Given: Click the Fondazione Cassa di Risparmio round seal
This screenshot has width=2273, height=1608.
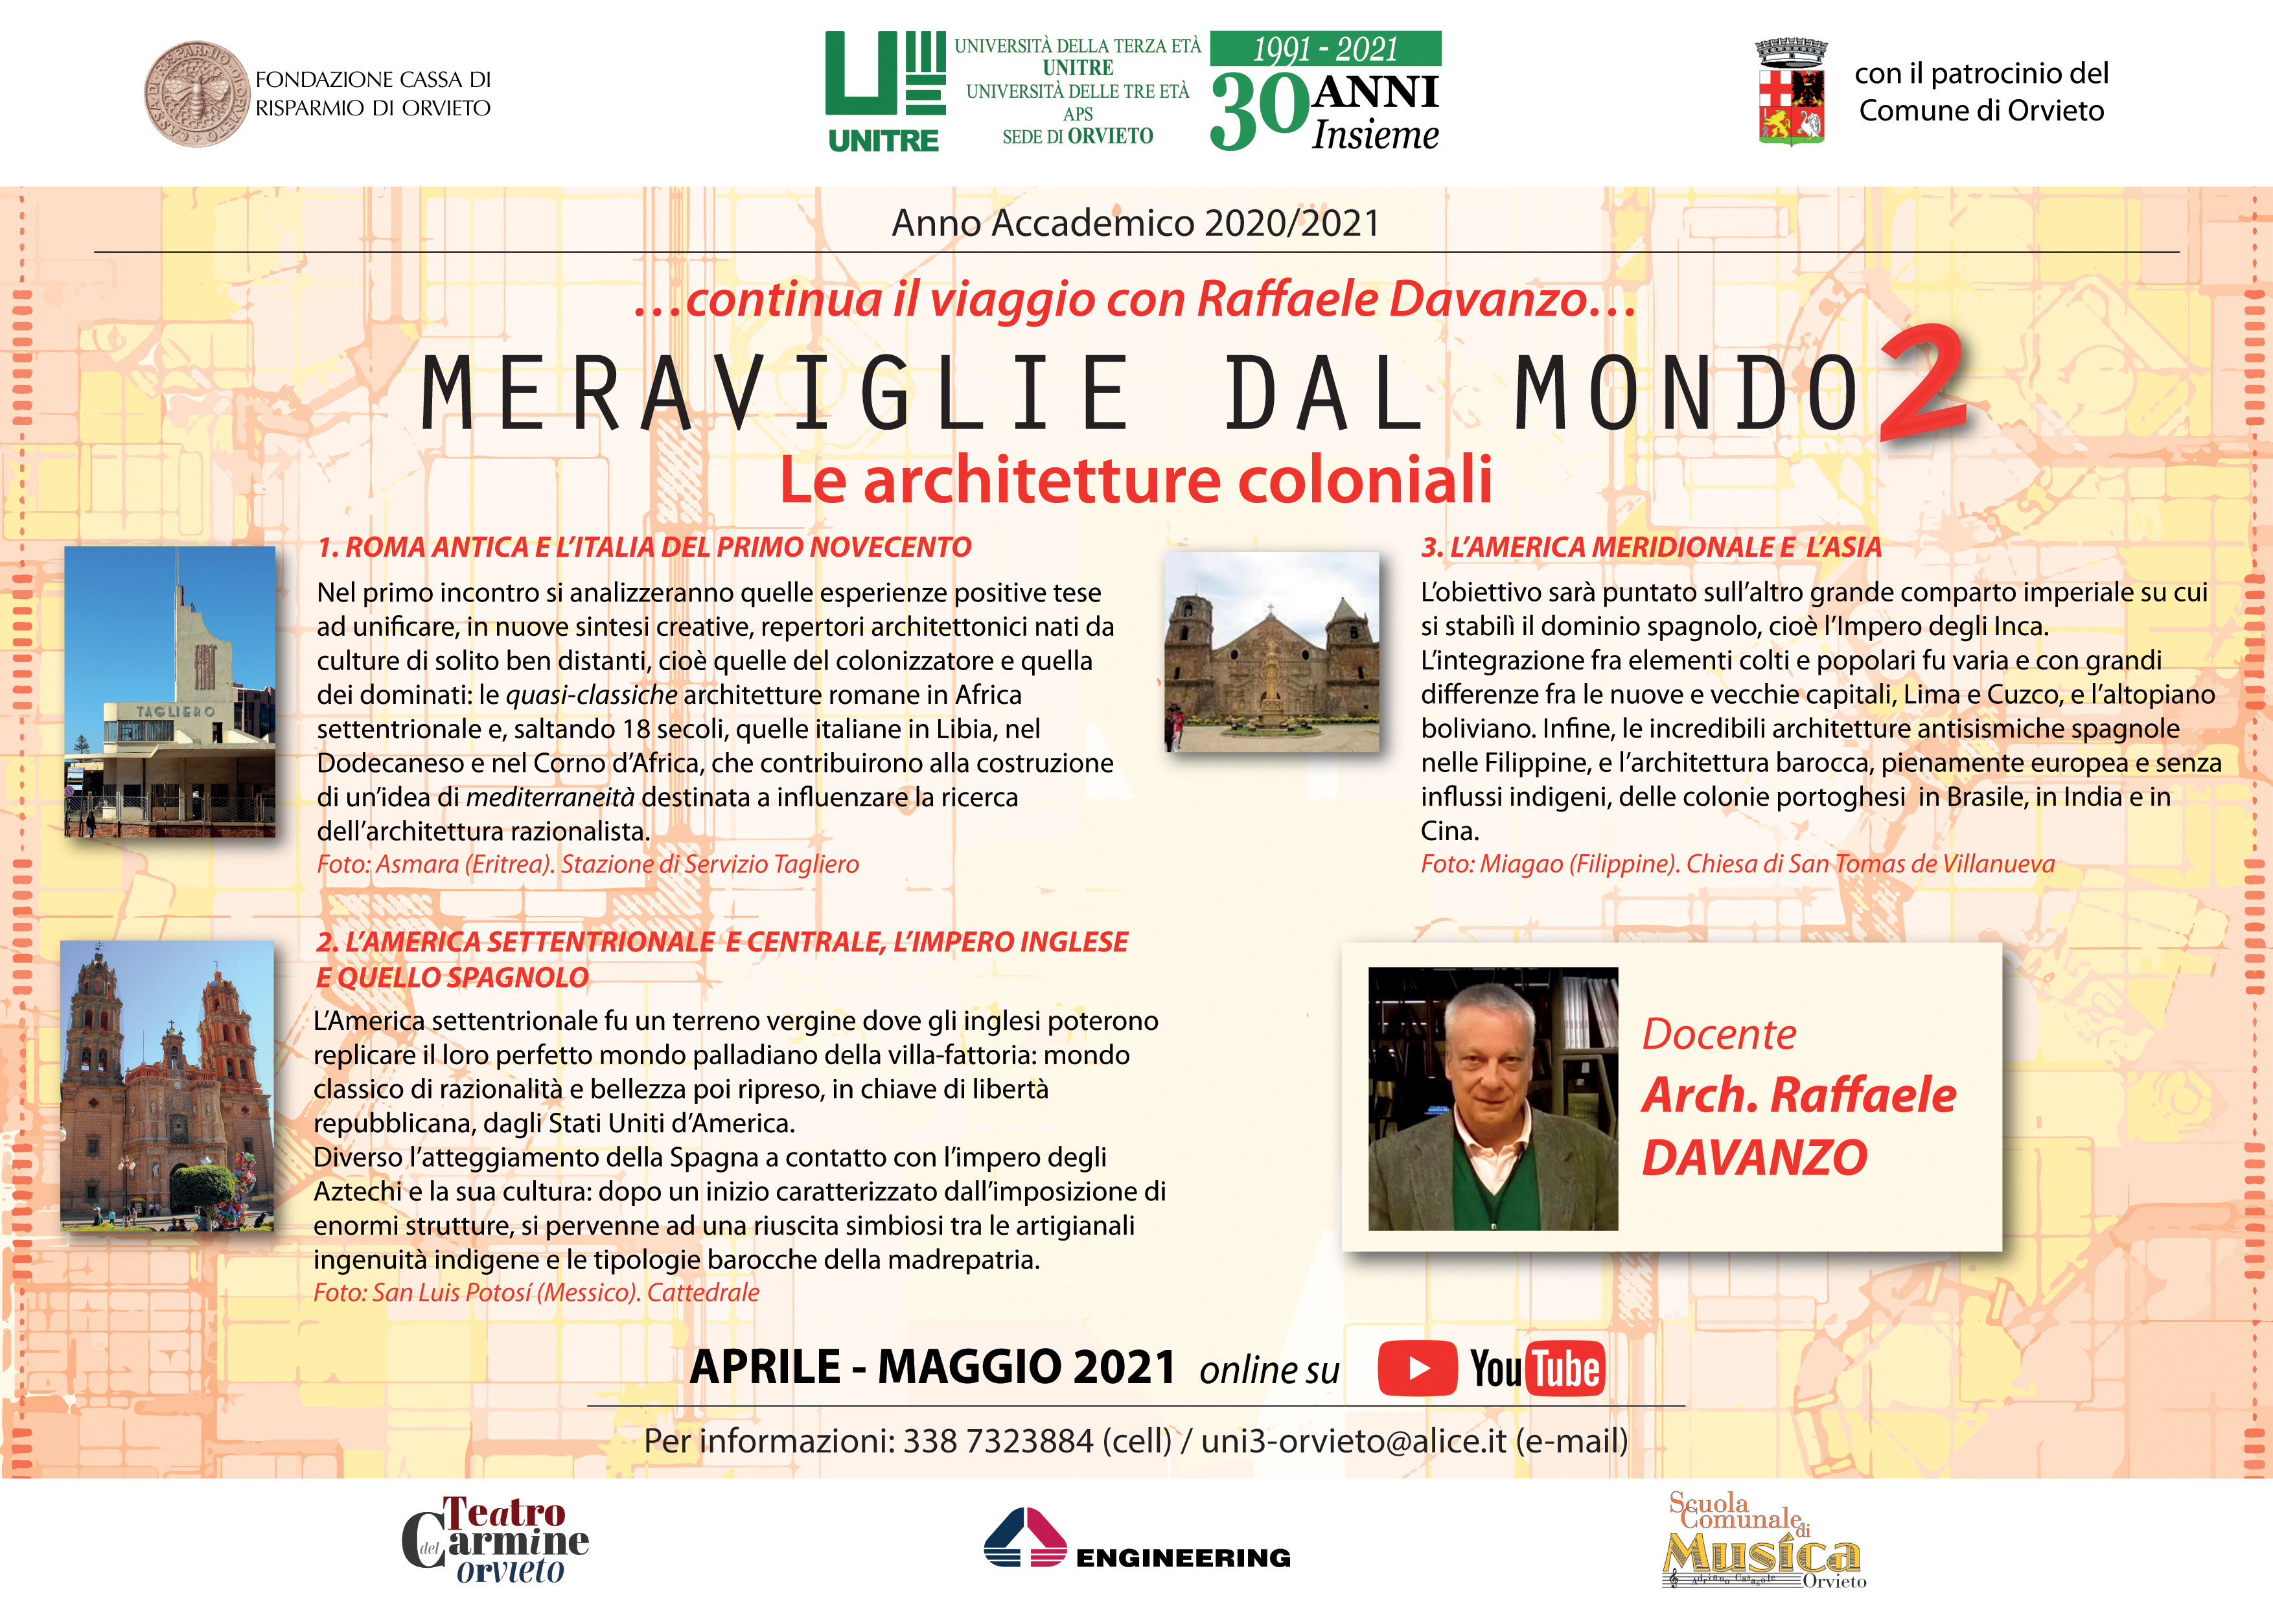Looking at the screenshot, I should pos(196,94).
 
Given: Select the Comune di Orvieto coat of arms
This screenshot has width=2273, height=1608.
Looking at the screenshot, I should pos(1791,93).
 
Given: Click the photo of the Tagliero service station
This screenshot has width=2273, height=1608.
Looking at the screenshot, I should pos(170,692).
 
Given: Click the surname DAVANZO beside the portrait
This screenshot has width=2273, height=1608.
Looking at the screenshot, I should pos(1754,1158).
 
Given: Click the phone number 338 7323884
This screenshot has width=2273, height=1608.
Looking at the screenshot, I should pos(998,1441).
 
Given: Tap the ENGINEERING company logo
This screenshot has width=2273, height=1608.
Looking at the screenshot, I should pos(1136,1541).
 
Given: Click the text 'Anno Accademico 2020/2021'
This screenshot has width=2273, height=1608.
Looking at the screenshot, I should pos(1135,224).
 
